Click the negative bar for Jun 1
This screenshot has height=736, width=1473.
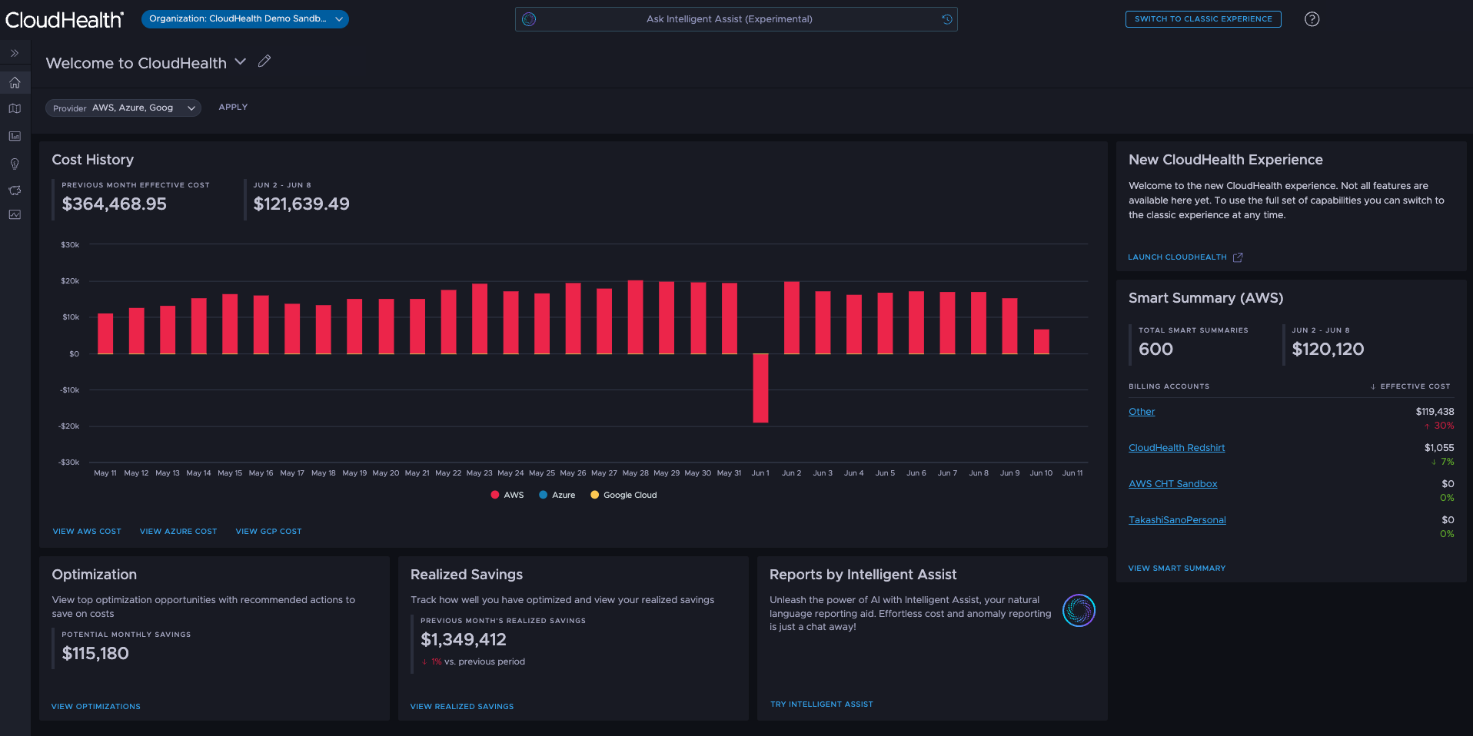click(760, 388)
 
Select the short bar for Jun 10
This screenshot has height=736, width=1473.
click(1041, 342)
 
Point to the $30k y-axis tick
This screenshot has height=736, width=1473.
click(70, 244)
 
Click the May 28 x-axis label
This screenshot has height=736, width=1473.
click(635, 473)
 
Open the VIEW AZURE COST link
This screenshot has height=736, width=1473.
click(178, 532)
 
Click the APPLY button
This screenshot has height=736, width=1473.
click(233, 108)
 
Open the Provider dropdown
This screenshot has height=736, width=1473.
click(123, 108)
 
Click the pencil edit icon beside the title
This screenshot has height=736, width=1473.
click(264, 61)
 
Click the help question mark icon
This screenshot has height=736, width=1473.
click(1312, 19)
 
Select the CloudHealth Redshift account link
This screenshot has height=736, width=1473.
click(1176, 448)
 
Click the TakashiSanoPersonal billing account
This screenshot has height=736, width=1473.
click(1177, 520)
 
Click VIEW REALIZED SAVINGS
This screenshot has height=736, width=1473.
click(461, 707)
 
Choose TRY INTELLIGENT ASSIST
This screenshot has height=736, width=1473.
click(821, 705)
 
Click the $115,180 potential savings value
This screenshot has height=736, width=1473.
click(95, 654)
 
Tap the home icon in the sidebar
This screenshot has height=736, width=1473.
click(15, 83)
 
